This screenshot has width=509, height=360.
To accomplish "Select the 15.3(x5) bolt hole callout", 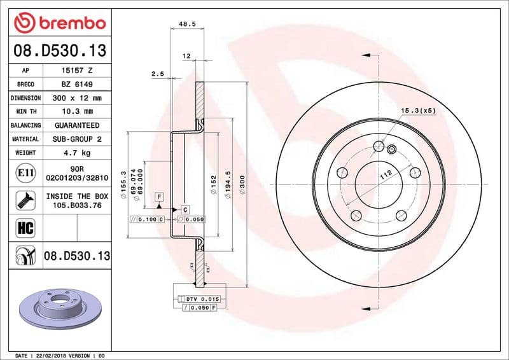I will coord(418,111).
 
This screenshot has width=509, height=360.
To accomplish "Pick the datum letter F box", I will coord(158,198).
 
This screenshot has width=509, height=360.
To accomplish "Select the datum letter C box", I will coord(185,209).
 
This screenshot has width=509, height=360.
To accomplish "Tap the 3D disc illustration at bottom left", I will coord(61,309).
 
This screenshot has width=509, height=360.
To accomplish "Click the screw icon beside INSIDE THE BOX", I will coord(24,200).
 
